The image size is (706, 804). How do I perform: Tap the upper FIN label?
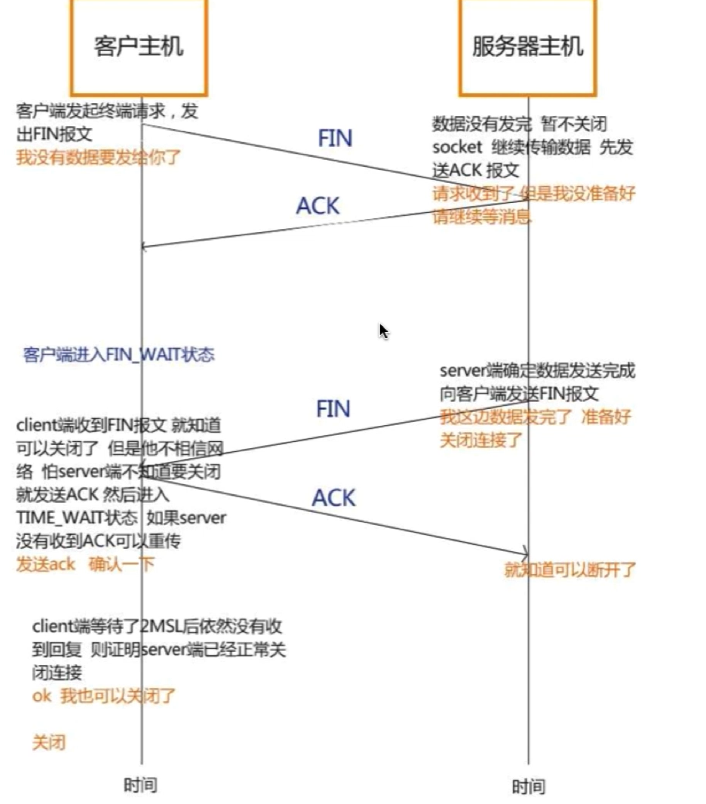[x=335, y=138]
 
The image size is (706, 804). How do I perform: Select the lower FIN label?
[x=333, y=408]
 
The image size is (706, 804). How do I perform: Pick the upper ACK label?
[x=318, y=205]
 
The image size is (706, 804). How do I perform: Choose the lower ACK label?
[x=333, y=497]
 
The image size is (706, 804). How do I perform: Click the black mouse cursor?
[x=383, y=331]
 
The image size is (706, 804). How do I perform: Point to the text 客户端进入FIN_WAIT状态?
[x=118, y=354]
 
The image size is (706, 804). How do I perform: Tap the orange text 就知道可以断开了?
[x=570, y=570]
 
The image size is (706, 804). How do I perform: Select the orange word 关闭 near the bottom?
[x=48, y=743]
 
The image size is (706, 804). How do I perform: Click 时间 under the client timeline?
[x=140, y=785]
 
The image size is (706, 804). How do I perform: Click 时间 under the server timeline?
[x=528, y=786]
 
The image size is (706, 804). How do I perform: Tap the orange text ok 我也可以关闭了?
[x=105, y=696]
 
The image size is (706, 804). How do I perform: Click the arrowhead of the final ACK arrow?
[x=525, y=553]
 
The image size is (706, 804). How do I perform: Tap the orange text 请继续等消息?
[x=482, y=216]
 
